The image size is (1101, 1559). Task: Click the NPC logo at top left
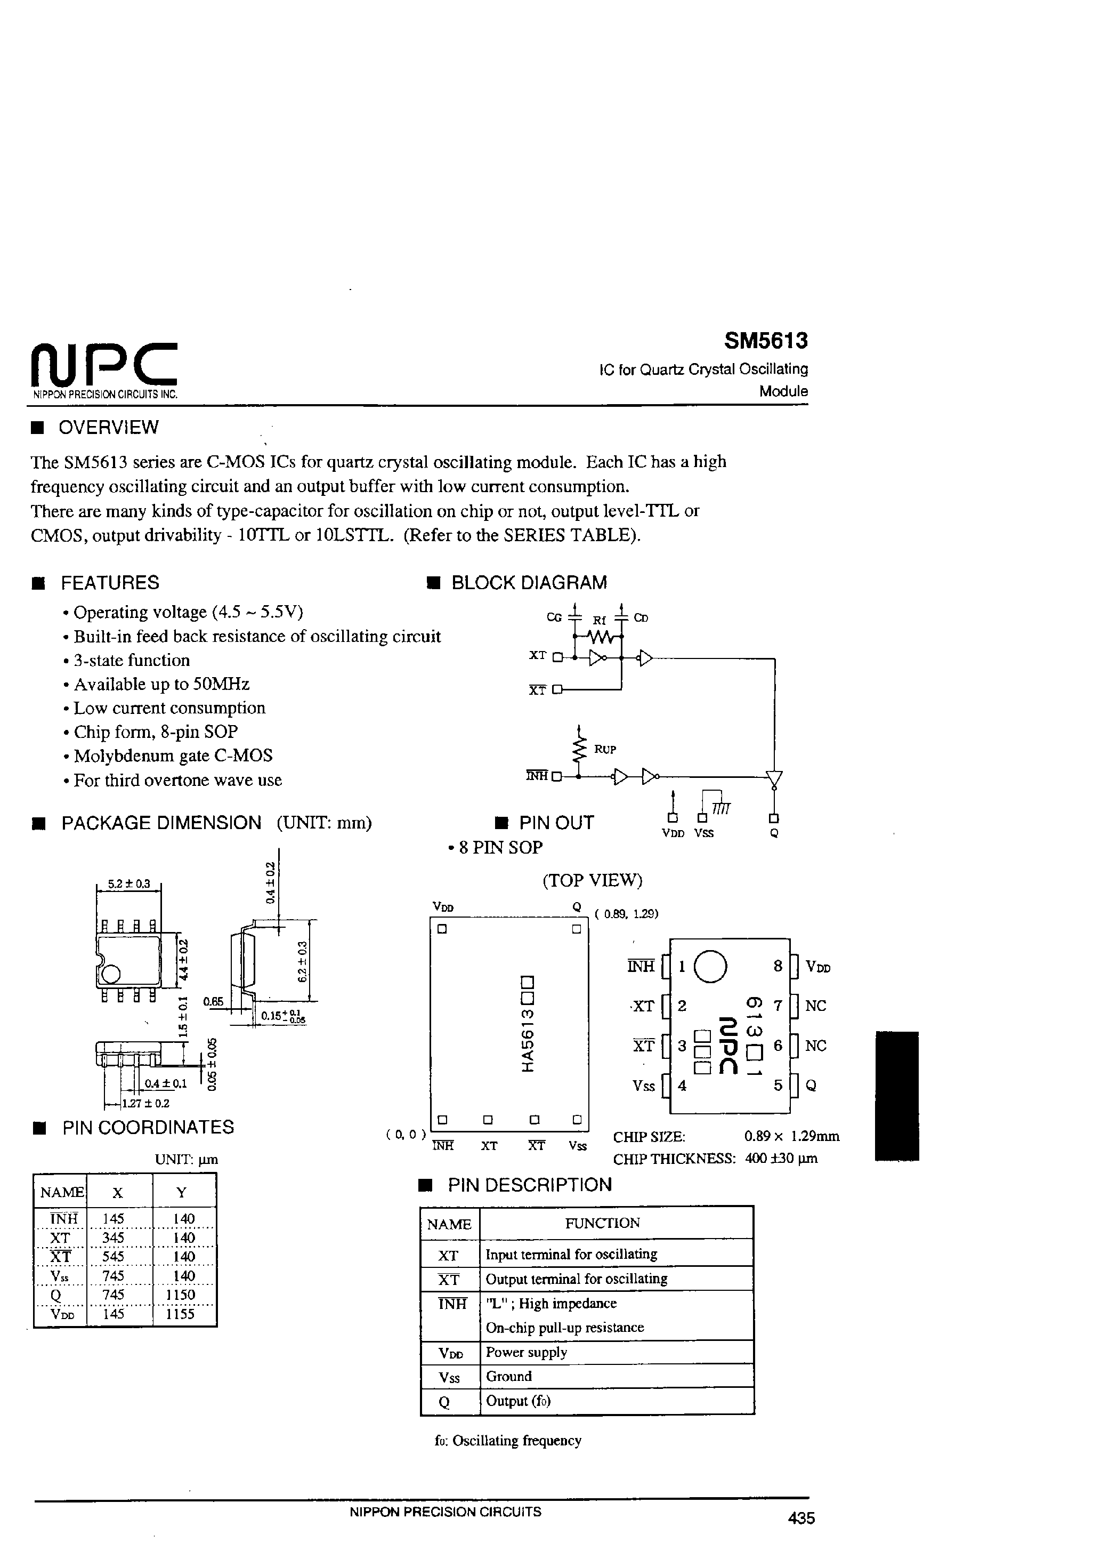pos(104,364)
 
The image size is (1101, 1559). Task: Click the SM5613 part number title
pos(765,341)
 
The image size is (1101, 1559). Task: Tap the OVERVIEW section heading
pos(108,427)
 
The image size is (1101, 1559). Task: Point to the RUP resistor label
pos(605,749)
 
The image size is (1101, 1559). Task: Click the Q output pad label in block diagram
pos(774,833)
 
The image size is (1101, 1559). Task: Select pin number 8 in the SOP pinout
pos(778,966)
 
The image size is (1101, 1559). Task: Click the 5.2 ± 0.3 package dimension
pos(129,883)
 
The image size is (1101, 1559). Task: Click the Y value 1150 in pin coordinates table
pos(183,1294)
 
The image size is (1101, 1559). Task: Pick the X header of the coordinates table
pos(117,1192)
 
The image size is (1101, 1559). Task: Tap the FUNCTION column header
pos(602,1223)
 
